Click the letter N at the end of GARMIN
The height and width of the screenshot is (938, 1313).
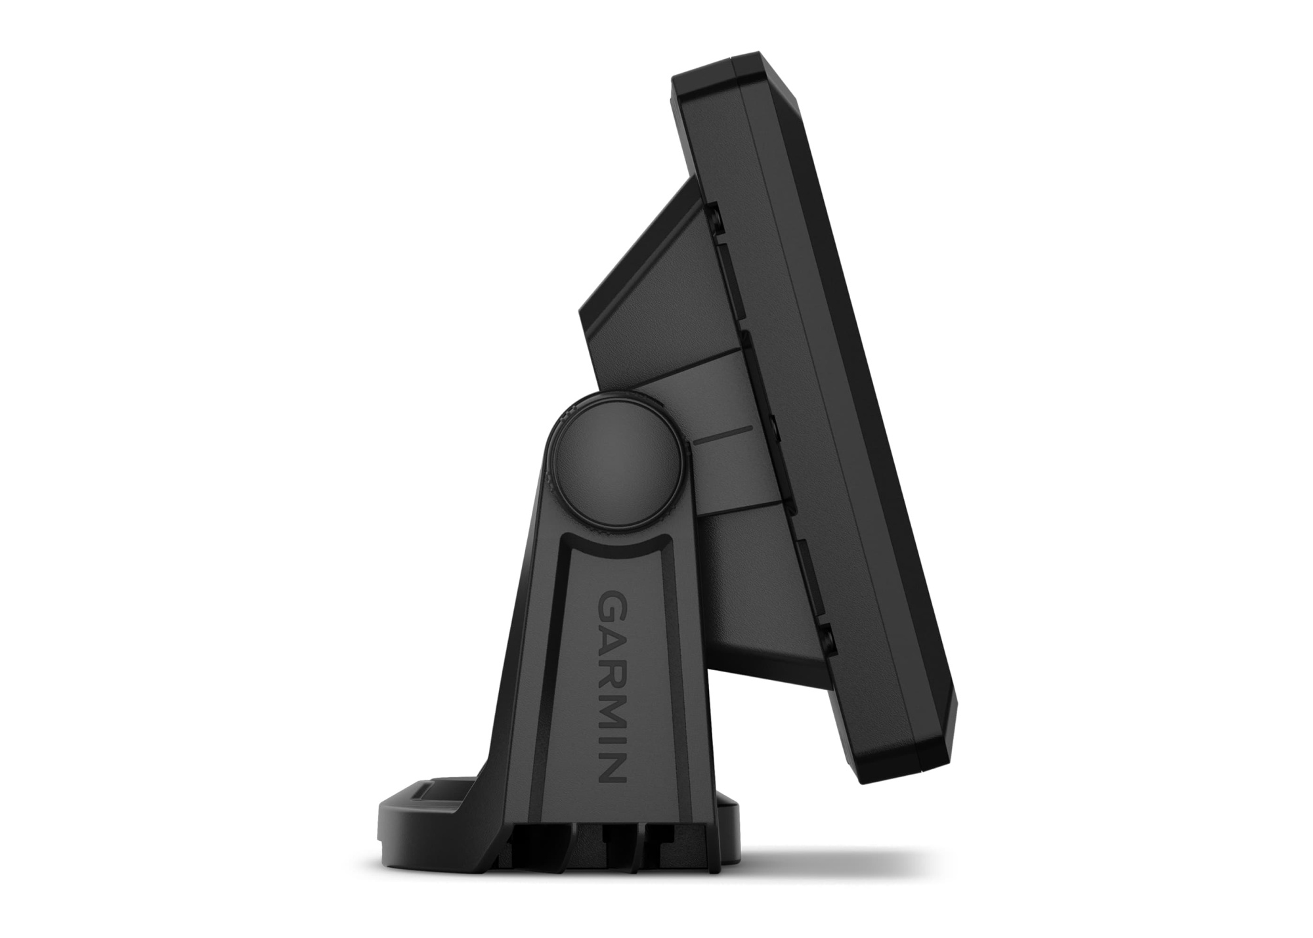point(611,765)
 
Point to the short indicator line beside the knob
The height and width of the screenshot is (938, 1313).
point(722,433)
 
